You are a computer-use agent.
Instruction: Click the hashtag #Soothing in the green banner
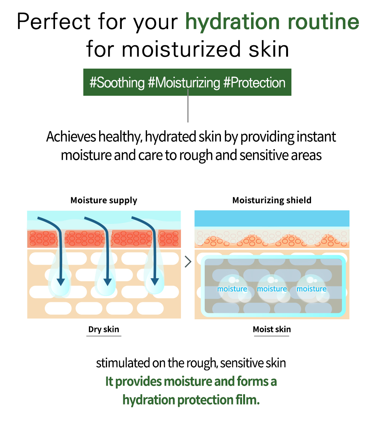pos(117,83)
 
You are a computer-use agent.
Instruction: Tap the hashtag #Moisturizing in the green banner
pos(184,83)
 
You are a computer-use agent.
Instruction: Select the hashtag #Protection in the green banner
pos(254,83)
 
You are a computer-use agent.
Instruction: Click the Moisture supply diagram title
pos(104,200)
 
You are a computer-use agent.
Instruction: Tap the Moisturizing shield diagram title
pos(272,200)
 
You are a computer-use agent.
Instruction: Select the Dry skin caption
pos(104,329)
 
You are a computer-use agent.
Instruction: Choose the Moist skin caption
pos(272,329)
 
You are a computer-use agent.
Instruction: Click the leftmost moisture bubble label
pos(232,289)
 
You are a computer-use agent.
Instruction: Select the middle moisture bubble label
pos(272,289)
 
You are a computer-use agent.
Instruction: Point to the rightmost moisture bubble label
pos(311,289)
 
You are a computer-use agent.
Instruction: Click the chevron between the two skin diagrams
pos(188,262)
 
